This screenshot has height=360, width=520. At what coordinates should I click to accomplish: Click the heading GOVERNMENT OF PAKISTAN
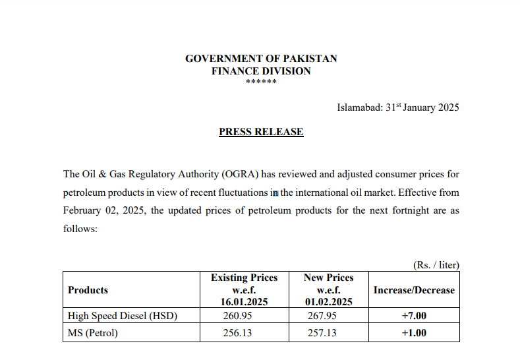click(260, 59)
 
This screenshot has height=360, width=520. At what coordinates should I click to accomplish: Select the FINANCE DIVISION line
click(260, 71)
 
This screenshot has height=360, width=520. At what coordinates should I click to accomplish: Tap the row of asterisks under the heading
click(260, 82)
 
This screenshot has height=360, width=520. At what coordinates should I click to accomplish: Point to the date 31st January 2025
click(422, 107)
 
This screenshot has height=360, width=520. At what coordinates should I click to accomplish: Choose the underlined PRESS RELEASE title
click(261, 132)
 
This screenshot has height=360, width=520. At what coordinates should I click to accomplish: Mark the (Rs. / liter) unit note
click(436, 265)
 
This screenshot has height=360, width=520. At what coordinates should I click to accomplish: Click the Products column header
click(88, 289)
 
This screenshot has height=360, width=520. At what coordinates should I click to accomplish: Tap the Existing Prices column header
click(244, 289)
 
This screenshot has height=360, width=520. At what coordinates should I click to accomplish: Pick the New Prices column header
click(328, 289)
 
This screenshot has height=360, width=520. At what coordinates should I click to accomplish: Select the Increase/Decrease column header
click(414, 289)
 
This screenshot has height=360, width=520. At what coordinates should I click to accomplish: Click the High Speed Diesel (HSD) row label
click(123, 316)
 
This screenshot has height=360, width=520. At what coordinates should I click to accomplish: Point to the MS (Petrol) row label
click(93, 333)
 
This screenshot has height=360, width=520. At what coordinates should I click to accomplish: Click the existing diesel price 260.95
click(237, 316)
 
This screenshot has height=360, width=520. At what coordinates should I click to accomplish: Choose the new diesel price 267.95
click(322, 316)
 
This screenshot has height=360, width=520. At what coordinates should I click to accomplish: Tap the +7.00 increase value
click(414, 316)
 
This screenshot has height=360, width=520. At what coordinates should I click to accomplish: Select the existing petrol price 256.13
click(237, 333)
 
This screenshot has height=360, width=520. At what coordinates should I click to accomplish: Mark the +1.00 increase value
click(414, 333)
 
